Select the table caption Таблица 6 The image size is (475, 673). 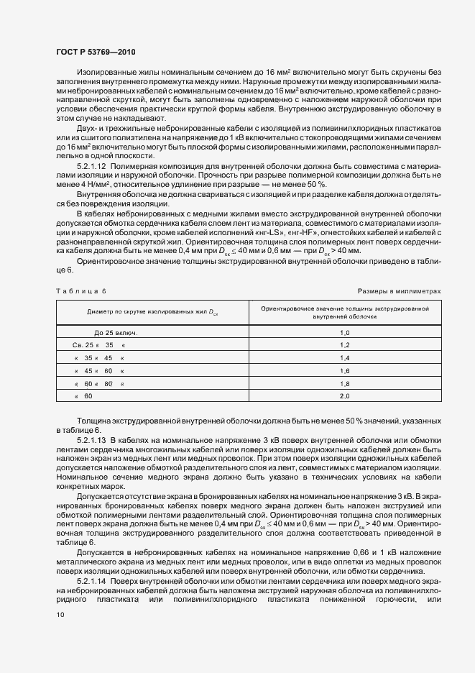tap(80, 290)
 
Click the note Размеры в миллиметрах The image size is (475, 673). tap(399, 290)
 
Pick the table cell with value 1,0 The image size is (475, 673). tap(343, 333)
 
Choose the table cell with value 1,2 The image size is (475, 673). tap(343, 345)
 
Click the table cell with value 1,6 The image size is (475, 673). tap(343, 370)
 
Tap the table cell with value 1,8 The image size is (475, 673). tap(343, 383)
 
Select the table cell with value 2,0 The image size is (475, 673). tap(343, 396)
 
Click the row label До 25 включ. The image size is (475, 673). tap(116, 333)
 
